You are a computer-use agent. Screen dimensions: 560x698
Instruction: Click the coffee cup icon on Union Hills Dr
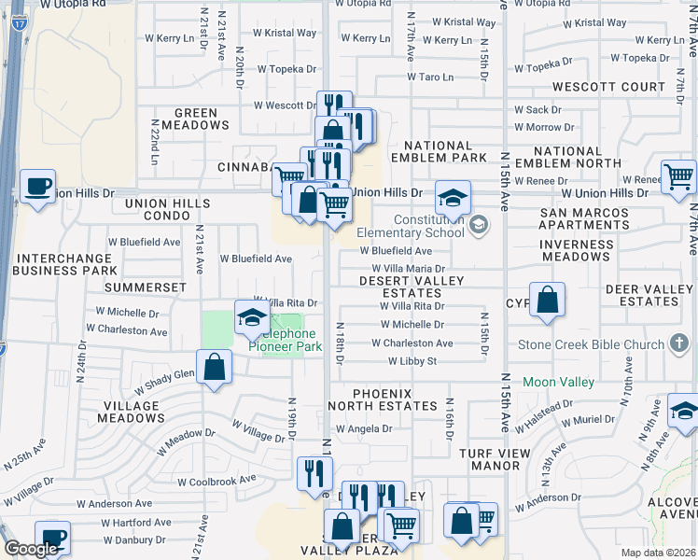(x=37, y=185)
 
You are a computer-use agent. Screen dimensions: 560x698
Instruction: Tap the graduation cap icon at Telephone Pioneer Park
(x=250, y=318)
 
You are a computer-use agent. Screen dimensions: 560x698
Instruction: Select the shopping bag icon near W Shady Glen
(x=215, y=366)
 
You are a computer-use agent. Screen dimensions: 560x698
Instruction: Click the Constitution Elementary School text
(x=428, y=227)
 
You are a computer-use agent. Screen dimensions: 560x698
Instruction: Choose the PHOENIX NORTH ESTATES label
(x=383, y=399)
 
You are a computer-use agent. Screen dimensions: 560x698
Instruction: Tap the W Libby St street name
(x=412, y=360)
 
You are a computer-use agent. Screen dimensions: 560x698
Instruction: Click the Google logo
(x=30, y=549)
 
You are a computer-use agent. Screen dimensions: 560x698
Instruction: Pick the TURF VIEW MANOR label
(x=482, y=458)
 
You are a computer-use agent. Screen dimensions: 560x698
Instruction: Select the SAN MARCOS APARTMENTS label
(x=585, y=219)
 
